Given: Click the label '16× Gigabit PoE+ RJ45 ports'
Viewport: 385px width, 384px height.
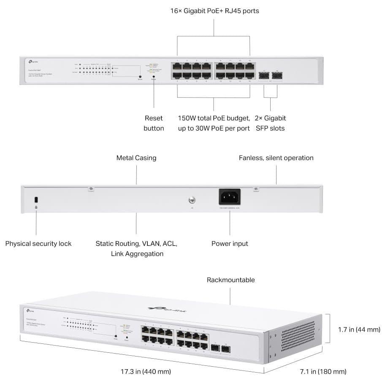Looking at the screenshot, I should coord(214,11).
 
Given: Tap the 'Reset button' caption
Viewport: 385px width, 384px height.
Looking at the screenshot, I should coord(154,123).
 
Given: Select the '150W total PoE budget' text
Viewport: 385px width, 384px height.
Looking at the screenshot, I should coord(214,118).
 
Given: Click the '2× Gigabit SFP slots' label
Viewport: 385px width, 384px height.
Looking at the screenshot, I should coord(270,123).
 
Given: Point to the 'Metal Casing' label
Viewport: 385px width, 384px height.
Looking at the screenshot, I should coord(136,158).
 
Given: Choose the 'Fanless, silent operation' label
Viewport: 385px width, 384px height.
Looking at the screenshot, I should coord(276,158).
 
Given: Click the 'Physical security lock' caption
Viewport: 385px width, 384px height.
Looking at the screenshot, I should coord(38,244).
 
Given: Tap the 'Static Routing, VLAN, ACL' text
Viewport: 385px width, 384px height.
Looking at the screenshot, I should coord(136,244).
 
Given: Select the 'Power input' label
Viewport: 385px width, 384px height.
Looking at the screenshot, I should coord(230,244).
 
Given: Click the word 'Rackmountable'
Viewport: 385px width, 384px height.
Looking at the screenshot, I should coord(230,280).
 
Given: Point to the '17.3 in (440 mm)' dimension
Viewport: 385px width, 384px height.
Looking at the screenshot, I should coord(146,372).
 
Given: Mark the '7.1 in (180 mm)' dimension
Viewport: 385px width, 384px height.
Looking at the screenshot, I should coord(323,372).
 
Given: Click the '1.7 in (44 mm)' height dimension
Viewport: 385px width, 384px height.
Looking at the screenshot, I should coord(359,330).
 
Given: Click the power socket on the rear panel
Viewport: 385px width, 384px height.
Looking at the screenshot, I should coord(230,197).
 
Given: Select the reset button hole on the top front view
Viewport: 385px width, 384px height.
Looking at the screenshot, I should coord(154,77).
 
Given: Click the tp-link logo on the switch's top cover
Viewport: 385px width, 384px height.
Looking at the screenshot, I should coord(168,310).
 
